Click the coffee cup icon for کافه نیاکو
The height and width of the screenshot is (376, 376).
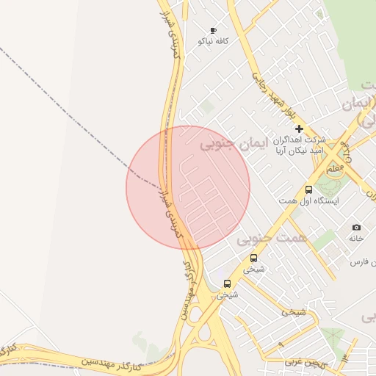coord(214,31)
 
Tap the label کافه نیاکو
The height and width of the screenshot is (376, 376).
coord(213,42)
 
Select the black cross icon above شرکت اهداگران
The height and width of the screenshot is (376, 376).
coord(299,129)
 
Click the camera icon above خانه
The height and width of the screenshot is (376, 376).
coord(357,228)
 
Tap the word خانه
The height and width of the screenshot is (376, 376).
coord(356,239)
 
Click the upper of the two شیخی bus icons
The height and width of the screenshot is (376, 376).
coord(253,258)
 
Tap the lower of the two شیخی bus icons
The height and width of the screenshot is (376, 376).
coord(227,283)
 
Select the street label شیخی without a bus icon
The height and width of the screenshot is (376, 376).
coord(293,311)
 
